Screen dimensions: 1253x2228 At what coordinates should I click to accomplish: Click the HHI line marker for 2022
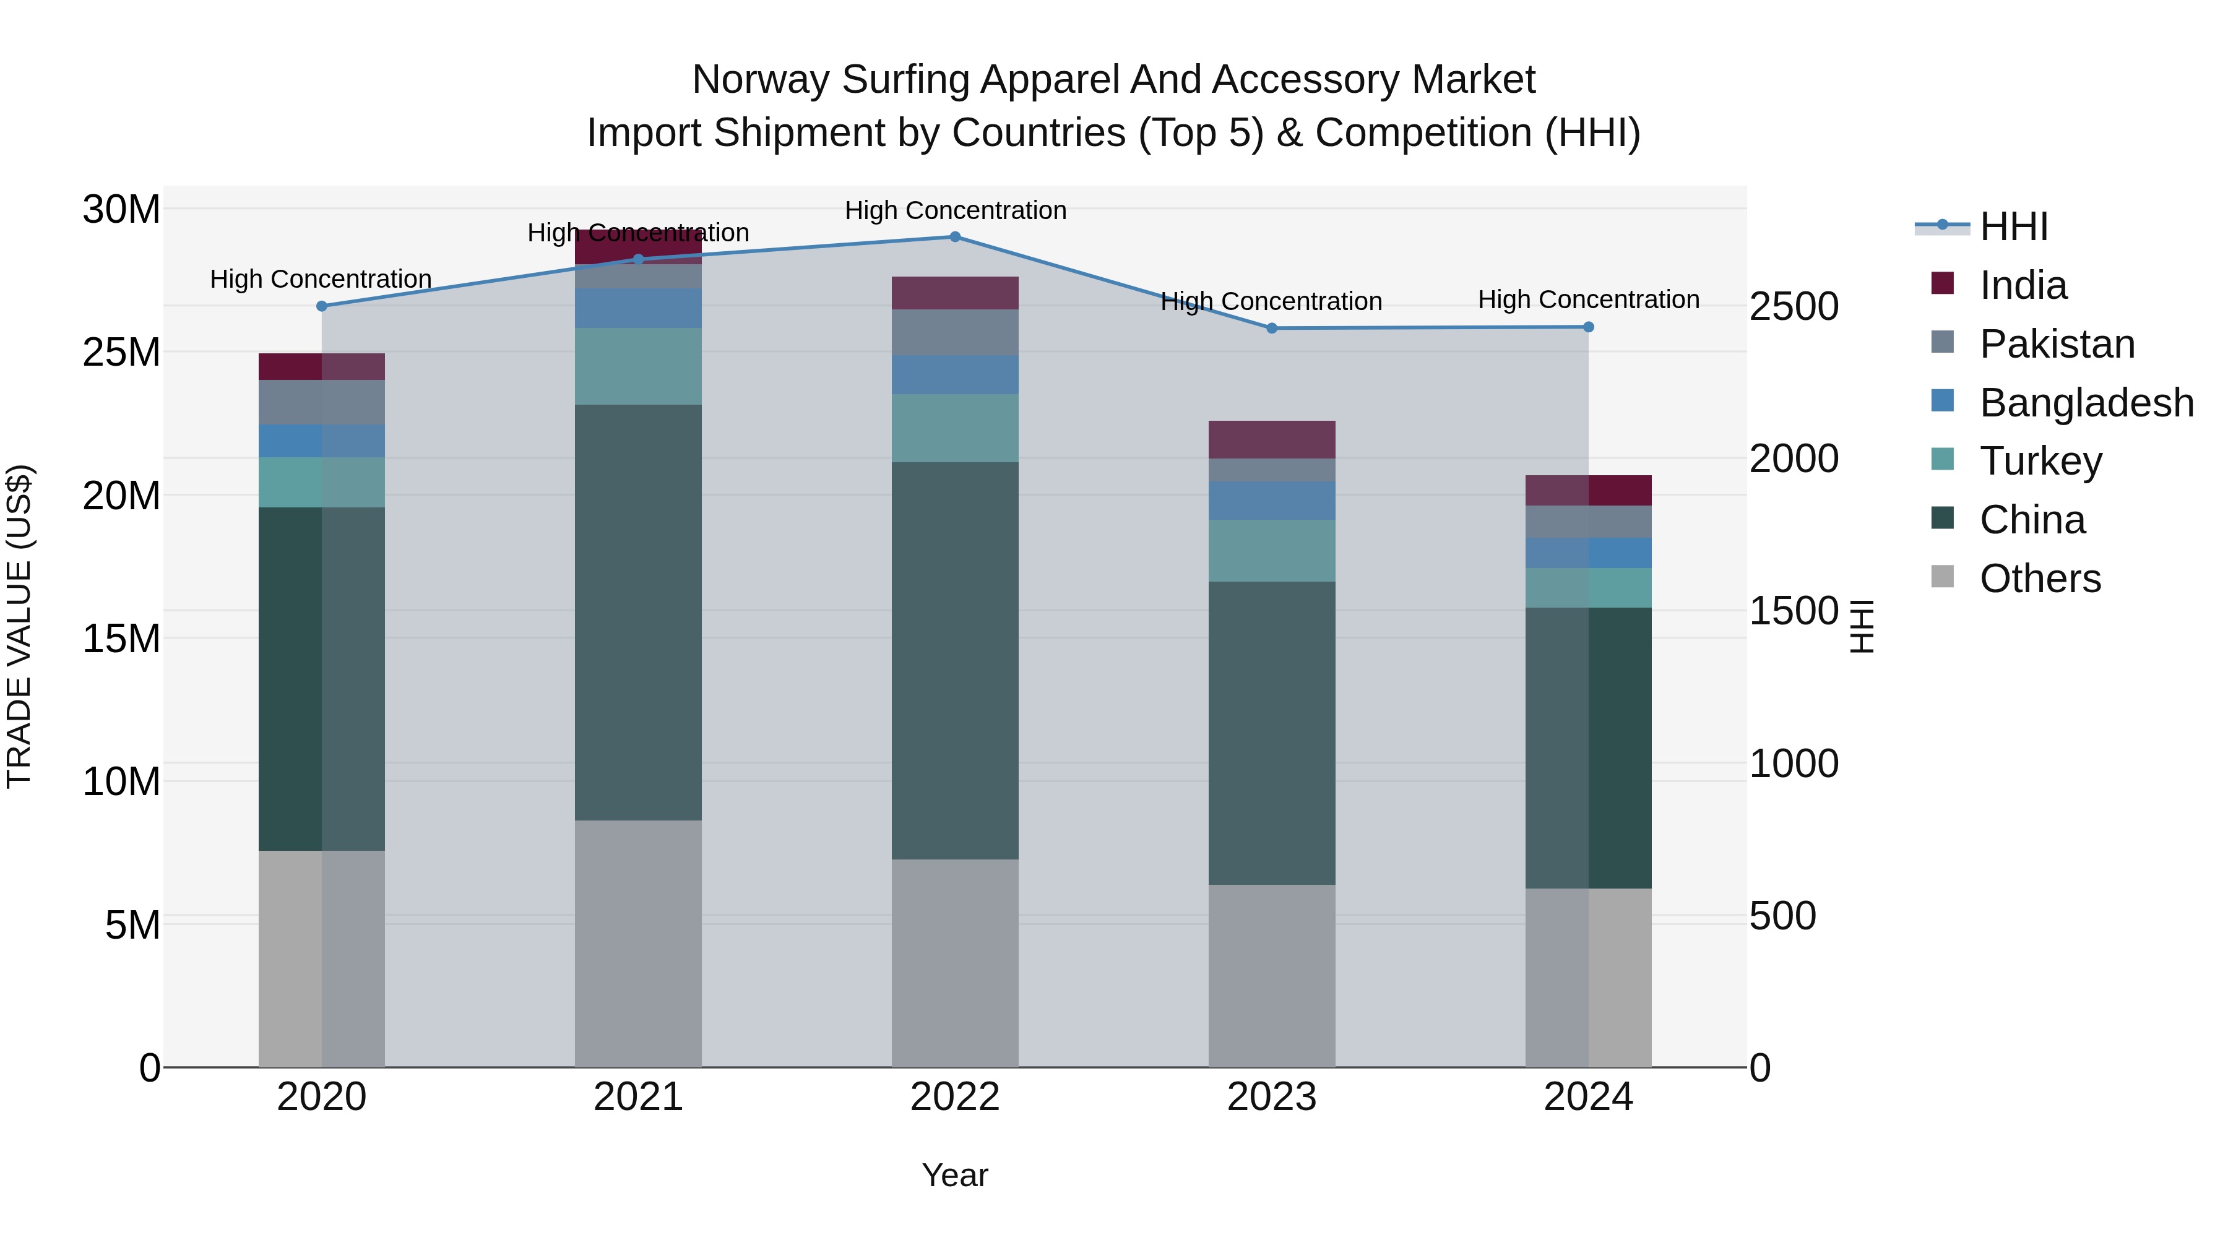[955, 236]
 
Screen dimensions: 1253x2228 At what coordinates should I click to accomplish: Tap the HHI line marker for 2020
[322, 306]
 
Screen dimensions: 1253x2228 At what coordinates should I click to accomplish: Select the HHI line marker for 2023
[1271, 329]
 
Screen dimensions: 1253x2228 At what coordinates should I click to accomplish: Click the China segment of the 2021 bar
[638, 612]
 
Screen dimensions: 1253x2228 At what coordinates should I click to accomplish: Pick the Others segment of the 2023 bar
[1271, 975]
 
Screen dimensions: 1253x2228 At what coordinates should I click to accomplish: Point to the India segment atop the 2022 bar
[955, 293]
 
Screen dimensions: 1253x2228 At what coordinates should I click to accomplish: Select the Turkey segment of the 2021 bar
[638, 366]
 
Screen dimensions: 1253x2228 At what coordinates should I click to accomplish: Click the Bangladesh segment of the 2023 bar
[1271, 501]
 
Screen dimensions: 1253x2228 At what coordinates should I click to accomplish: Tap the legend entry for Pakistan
[2057, 344]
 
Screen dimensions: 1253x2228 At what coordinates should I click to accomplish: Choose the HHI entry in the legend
[2013, 226]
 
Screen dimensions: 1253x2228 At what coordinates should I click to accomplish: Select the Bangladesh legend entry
[2086, 403]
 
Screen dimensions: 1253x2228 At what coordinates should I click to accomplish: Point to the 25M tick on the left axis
[121, 353]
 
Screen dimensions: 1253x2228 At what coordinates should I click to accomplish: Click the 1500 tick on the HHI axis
[1794, 611]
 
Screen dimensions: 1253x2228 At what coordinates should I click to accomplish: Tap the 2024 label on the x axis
[1588, 1097]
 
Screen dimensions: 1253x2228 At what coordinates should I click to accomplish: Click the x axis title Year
[955, 1175]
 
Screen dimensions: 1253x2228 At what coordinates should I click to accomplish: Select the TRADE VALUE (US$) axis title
[19, 626]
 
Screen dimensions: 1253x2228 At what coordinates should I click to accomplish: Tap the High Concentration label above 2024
[1588, 299]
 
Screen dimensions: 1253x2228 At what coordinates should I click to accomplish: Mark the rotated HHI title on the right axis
[1861, 626]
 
